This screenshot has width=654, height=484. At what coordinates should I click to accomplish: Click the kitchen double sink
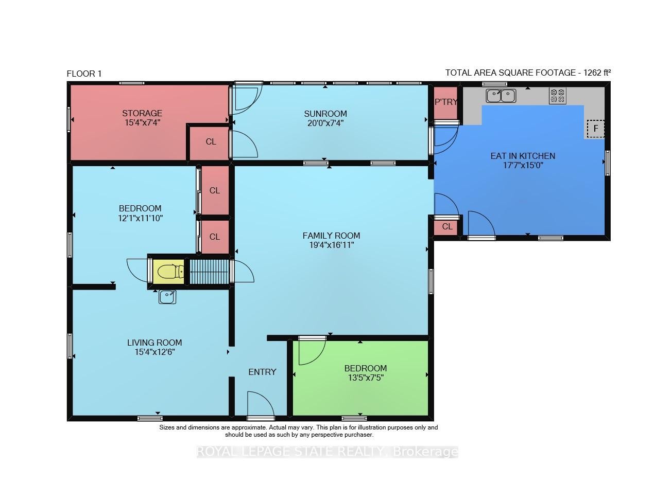501,96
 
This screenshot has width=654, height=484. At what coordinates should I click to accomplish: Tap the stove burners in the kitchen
557,96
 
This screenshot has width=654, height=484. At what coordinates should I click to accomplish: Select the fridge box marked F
595,129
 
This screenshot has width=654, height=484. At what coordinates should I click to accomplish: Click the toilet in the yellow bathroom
171,272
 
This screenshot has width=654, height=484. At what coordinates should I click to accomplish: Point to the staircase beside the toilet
209,272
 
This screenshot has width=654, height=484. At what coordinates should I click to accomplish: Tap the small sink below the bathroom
167,297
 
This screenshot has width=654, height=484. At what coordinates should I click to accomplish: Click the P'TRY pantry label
446,102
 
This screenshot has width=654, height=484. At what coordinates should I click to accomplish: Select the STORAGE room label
142,113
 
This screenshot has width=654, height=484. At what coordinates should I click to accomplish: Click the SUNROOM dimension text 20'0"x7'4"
325,123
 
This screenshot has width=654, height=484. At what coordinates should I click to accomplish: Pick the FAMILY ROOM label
331,236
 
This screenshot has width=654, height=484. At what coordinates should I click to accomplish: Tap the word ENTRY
262,372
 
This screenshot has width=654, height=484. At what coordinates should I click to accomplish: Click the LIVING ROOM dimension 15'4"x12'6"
155,352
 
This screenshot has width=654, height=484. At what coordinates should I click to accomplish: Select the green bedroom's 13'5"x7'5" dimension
366,378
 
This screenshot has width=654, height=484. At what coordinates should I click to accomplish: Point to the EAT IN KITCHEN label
523,156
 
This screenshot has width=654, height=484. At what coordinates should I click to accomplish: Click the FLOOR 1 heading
84,74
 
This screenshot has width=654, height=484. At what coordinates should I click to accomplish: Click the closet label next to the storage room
211,141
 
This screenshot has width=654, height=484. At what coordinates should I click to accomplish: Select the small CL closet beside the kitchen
447,226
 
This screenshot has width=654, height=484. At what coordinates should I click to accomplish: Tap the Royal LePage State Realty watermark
328,452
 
